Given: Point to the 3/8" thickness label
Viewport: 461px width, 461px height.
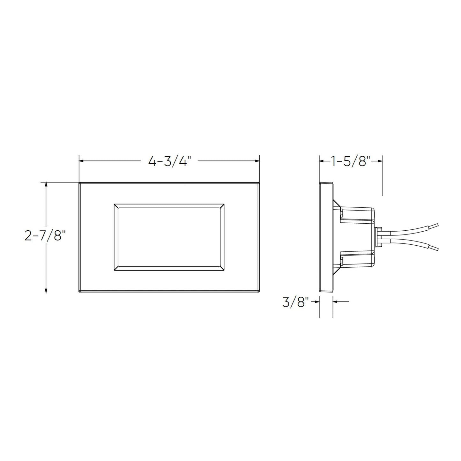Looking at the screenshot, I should [x=295, y=302].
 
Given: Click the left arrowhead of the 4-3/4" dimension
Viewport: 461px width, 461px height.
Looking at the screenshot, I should [x=81, y=161].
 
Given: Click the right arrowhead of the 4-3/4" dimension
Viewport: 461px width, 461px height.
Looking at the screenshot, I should [x=257, y=161].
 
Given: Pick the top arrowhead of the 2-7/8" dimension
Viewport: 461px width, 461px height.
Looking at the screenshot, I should [x=47, y=184].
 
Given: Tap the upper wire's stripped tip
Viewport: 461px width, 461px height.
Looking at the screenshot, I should [x=434, y=226].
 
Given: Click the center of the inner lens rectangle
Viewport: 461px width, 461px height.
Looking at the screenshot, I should [x=169, y=237].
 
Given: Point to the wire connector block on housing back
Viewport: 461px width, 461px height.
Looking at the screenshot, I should [x=378, y=237].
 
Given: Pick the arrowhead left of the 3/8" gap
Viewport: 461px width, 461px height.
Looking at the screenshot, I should [x=317, y=301].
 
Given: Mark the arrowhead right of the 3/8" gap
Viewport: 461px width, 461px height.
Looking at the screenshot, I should [x=335, y=301].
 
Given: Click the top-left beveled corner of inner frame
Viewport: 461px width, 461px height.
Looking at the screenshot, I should [x=116, y=206].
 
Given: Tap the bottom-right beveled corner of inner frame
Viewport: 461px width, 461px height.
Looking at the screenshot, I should [x=222, y=269].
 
